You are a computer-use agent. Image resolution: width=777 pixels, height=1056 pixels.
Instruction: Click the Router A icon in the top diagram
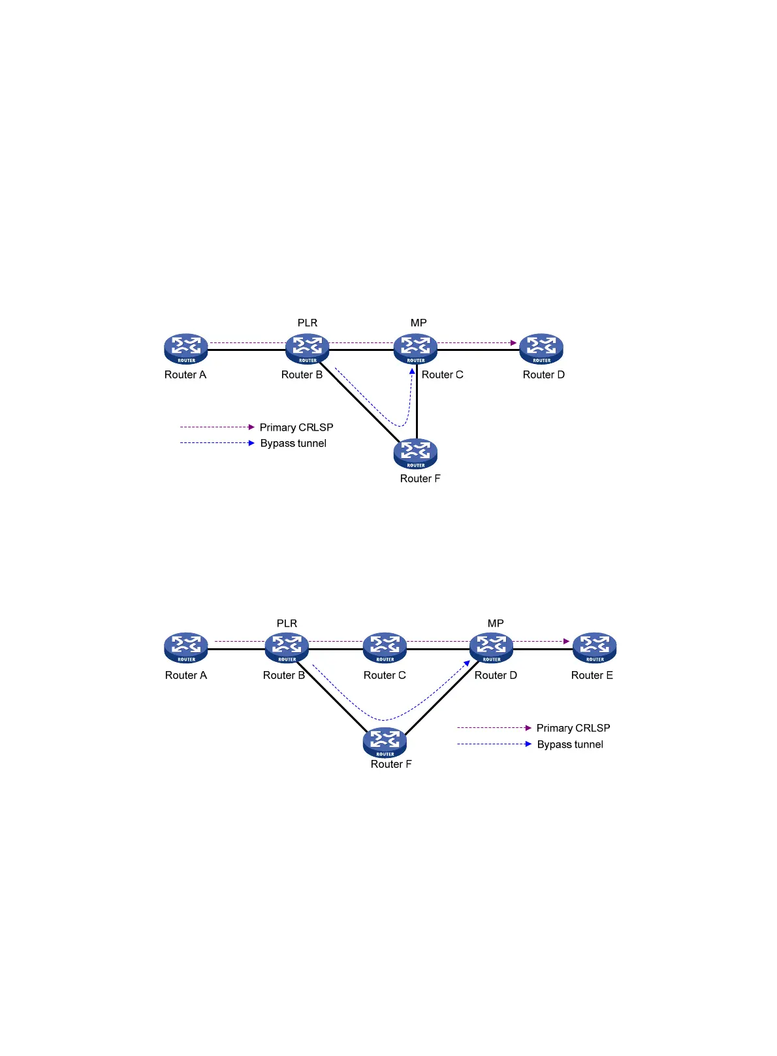pos(186,348)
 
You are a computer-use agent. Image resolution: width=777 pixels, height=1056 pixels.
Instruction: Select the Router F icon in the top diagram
pos(415,454)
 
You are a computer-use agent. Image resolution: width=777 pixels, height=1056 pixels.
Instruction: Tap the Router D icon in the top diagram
pos(541,348)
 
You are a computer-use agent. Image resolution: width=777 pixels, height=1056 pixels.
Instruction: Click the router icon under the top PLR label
pos(308,348)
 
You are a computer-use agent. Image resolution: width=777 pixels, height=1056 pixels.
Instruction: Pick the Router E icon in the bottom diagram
pos(595,648)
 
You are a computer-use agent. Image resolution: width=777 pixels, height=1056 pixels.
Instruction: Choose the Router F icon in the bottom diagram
pos(385,742)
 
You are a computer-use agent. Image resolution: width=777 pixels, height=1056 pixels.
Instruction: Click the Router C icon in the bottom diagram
pos(385,648)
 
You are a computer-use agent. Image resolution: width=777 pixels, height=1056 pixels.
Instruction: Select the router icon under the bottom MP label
pos(492,648)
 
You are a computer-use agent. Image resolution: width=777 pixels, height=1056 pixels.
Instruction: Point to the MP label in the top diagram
pos(419,323)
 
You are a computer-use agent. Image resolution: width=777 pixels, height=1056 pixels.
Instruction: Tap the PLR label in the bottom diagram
pos(287,623)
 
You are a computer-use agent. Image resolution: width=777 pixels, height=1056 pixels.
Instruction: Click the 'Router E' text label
pos(592,675)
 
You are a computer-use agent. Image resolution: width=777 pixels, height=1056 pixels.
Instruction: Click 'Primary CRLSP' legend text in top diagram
pos(296,427)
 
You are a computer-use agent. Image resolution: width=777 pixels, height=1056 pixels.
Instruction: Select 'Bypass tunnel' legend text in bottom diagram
pos(570,744)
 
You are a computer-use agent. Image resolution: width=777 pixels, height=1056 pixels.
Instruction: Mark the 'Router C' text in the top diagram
pos(442,374)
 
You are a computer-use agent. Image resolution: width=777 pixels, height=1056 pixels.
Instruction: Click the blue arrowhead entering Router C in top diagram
pos(412,371)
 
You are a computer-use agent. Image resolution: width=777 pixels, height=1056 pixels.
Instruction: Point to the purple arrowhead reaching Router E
pos(567,641)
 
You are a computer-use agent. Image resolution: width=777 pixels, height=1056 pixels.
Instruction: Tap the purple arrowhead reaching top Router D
pos(514,342)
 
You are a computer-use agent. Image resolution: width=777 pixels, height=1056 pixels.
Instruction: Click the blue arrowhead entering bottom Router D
pos(467,664)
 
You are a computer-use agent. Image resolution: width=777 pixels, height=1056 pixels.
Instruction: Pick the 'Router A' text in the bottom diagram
pos(186,675)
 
